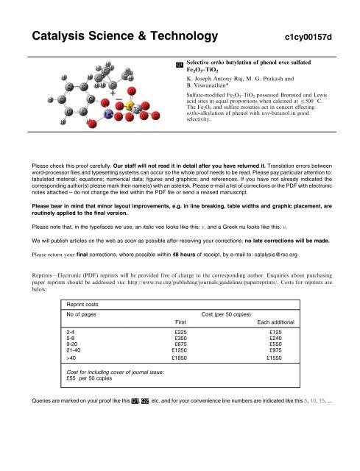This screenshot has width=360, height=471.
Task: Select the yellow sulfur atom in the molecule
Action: [127, 108]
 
